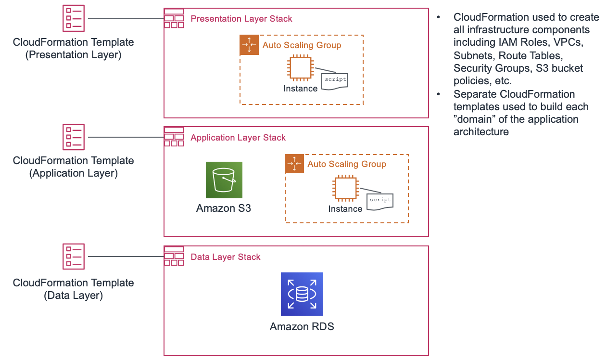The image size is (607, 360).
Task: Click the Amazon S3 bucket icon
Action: (x=224, y=180)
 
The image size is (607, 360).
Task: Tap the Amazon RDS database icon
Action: (x=302, y=294)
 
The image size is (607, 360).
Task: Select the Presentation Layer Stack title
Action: (x=241, y=19)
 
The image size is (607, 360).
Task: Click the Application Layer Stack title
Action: (x=238, y=138)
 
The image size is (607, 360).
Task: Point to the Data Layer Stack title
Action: (x=226, y=257)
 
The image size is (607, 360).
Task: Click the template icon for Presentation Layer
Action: (x=74, y=18)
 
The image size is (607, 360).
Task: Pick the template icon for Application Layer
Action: (x=74, y=137)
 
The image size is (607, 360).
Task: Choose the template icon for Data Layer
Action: (x=74, y=256)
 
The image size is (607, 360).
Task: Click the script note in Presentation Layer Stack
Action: (x=335, y=80)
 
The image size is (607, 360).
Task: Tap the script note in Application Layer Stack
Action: (x=380, y=200)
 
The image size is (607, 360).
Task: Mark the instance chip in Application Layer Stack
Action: (x=345, y=188)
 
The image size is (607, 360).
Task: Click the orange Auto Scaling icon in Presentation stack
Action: (x=249, y=45)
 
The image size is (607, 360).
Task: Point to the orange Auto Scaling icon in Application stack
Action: (x=294, y=164)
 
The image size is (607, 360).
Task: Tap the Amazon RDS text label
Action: (x=302, y=327)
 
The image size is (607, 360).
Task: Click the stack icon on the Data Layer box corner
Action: (x=174, y=256)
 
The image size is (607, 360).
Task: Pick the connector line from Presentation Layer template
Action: (x=126, y=19)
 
